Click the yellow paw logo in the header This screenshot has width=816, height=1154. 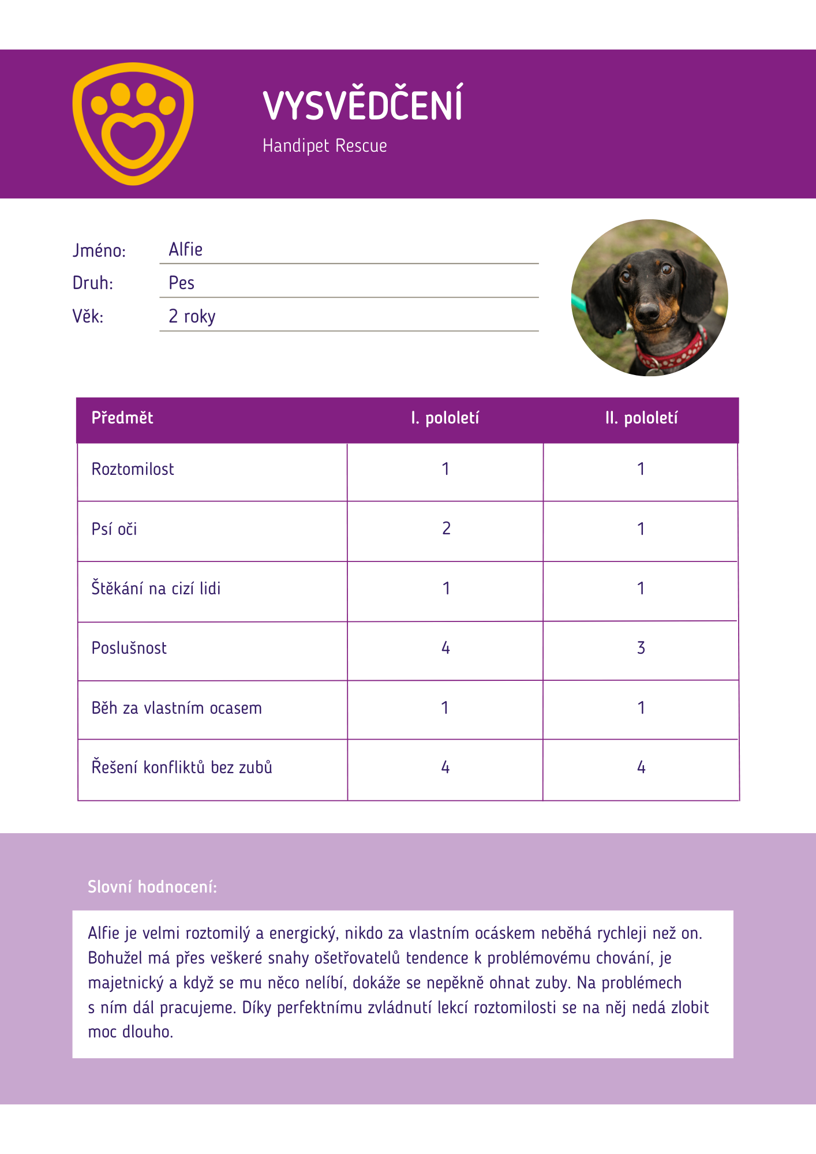click(x=133, y=123)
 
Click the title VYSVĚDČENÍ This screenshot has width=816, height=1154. click(x=362, y=105)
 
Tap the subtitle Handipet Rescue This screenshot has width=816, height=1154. click(x=324, y=145)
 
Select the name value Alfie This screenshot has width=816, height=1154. click(x=185, y=250)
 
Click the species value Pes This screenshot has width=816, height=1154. click(x=181, y=283)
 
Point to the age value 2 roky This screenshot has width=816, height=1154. click(x=192, y=317)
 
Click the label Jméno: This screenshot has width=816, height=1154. click(x=99, y=251)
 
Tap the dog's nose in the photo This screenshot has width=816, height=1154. click(x=647, y=312)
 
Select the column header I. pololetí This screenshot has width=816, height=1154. click(x=445, y=418)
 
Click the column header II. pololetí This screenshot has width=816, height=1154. click(x=641, y=418)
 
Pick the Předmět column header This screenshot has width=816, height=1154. click(x=122, y=418)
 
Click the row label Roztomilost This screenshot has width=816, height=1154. click(x=133, y=469)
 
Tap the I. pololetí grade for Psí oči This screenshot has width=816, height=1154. click(x=446, y=529)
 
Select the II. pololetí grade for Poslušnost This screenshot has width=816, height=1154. click(x=641, y=648)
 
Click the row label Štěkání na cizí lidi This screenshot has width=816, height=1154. click(x=156, y=589)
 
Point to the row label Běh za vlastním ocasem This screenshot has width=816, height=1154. click(x=177, y=708)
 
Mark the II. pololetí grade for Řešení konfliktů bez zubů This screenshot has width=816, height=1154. click(x=641, y=767)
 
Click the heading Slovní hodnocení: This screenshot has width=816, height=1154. click(x=152, y=887)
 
